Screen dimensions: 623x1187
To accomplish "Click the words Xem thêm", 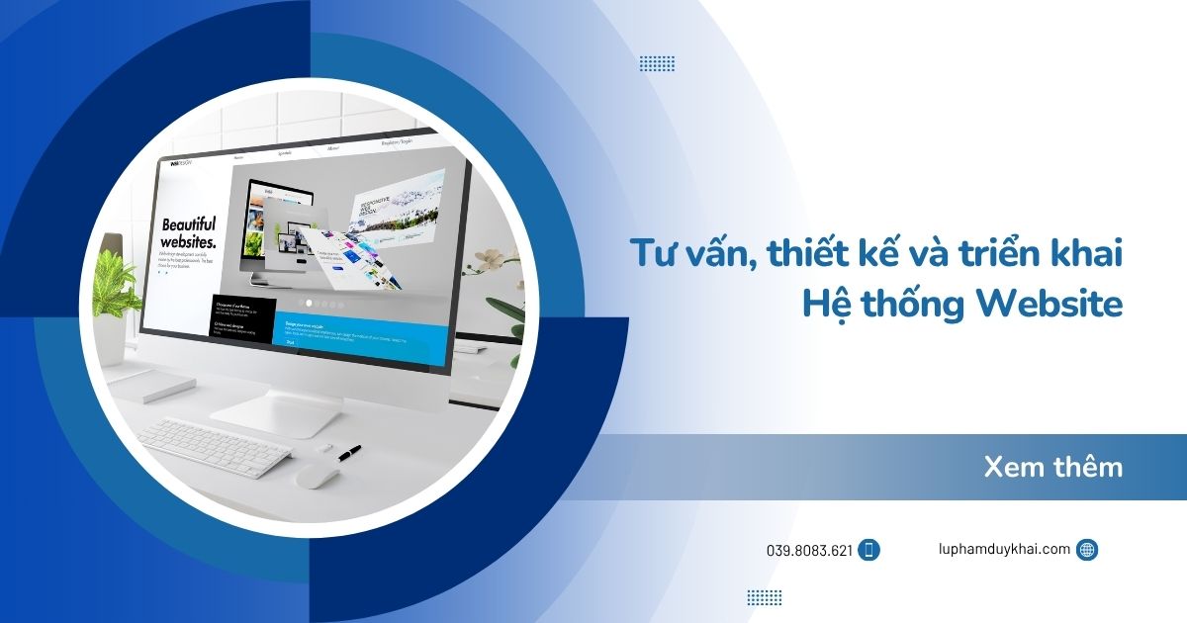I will coord(1053,467).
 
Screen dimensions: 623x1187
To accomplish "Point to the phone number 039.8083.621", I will coord(808,551).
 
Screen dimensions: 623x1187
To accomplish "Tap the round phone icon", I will coord(869,551).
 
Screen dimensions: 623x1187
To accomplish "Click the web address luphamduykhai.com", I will coord(1004,549).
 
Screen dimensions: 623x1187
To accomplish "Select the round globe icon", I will coord(1087,550).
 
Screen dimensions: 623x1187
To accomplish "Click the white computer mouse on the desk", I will coord(318,476).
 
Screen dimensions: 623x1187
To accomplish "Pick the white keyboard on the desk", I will coord(213,446).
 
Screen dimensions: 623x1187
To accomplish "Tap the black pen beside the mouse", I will coord(348,453).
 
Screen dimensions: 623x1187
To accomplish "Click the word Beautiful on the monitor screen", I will coord(188,224).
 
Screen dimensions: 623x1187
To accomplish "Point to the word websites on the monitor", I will coord(188,242).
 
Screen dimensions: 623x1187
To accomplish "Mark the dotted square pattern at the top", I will coord(657,63).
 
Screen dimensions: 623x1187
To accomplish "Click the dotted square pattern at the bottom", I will coord(764,597).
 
